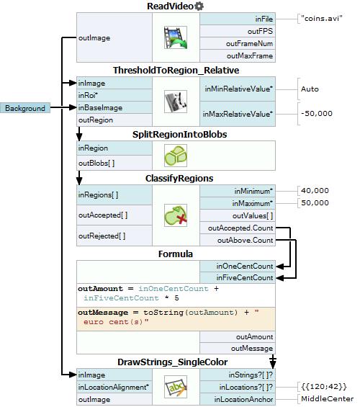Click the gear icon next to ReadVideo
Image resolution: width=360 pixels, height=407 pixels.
pyautogui.click(x=199, y=6)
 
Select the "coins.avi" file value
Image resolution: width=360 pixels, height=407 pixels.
pyautogui.click(x=321, y=19)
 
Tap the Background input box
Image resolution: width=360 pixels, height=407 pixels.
pyautogui.click(x=25, y=108)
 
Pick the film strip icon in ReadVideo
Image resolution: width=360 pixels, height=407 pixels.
pyautogui.click(x=176, y=37)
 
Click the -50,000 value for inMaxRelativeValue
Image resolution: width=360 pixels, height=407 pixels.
pyautogui.click(x=316, y=113)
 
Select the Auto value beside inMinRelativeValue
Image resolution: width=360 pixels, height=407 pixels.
pyautogui.click(x=310, y=89)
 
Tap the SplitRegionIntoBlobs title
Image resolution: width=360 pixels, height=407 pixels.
pyautogui.click(x=179, y=134)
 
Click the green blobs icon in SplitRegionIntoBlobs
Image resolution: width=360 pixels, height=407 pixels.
pyautogui.click(x=176, y=156)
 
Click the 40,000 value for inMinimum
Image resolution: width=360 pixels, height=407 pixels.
pyautogui.click(x=315, y=190)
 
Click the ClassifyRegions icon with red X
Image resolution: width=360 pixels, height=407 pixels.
pyautogui.click(x=176, y=215)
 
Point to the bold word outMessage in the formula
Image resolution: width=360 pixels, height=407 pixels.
pyautogui.click(x=103, y=312)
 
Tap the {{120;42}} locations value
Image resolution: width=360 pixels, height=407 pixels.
pyautogui.click(x=324, y=387)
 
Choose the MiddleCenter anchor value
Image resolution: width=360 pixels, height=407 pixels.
pyautogui.click(x=328, y=398)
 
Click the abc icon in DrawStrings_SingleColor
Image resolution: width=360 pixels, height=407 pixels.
pyautogui.click(x=176, y=387)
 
